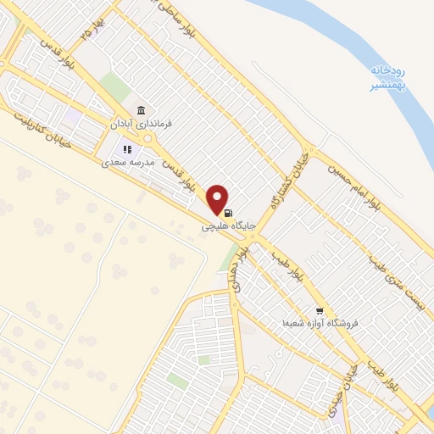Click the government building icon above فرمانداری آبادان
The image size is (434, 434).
pos(142,110)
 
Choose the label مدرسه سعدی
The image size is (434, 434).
pos(129,160)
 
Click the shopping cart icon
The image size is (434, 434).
pos(320,310)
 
